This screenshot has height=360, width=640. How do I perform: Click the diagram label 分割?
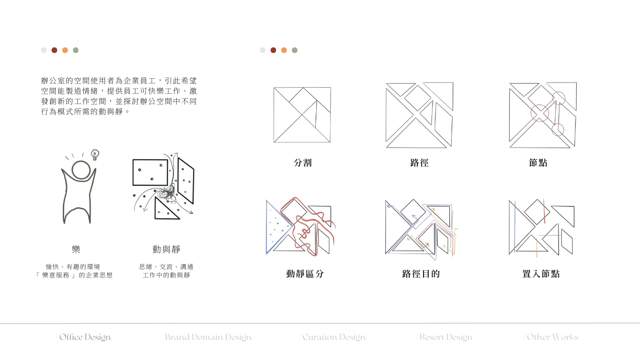tap(303, 163)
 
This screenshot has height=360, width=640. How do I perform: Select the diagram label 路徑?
tap(419, 163)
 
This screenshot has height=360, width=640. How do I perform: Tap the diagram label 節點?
tap(538, 163)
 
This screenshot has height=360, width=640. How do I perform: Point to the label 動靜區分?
tap(305, 274)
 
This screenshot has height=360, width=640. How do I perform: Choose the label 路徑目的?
tap(421, 274)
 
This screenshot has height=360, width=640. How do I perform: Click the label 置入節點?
tap(541, 274)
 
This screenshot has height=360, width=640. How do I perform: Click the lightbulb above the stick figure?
tap(95, 155)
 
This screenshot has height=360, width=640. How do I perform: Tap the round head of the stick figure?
tap(81, 171)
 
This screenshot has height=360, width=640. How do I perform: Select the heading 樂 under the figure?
tap(76, 249)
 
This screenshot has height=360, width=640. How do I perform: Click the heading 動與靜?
tap(166, 249)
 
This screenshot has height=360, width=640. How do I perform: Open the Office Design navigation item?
tap(84, 337)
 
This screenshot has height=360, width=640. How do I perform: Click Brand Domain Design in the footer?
tap(208, 337)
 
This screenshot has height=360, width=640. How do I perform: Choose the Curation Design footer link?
tap(333, 337)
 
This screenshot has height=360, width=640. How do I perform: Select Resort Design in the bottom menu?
tap(445, 337)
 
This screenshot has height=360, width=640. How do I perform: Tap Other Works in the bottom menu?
tap(552, 337)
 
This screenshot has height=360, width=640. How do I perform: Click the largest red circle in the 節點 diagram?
tap(539, 113)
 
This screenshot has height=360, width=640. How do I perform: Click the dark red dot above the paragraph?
tap(54, 50)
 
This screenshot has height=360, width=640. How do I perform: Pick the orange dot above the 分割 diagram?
tap(284, 50)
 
